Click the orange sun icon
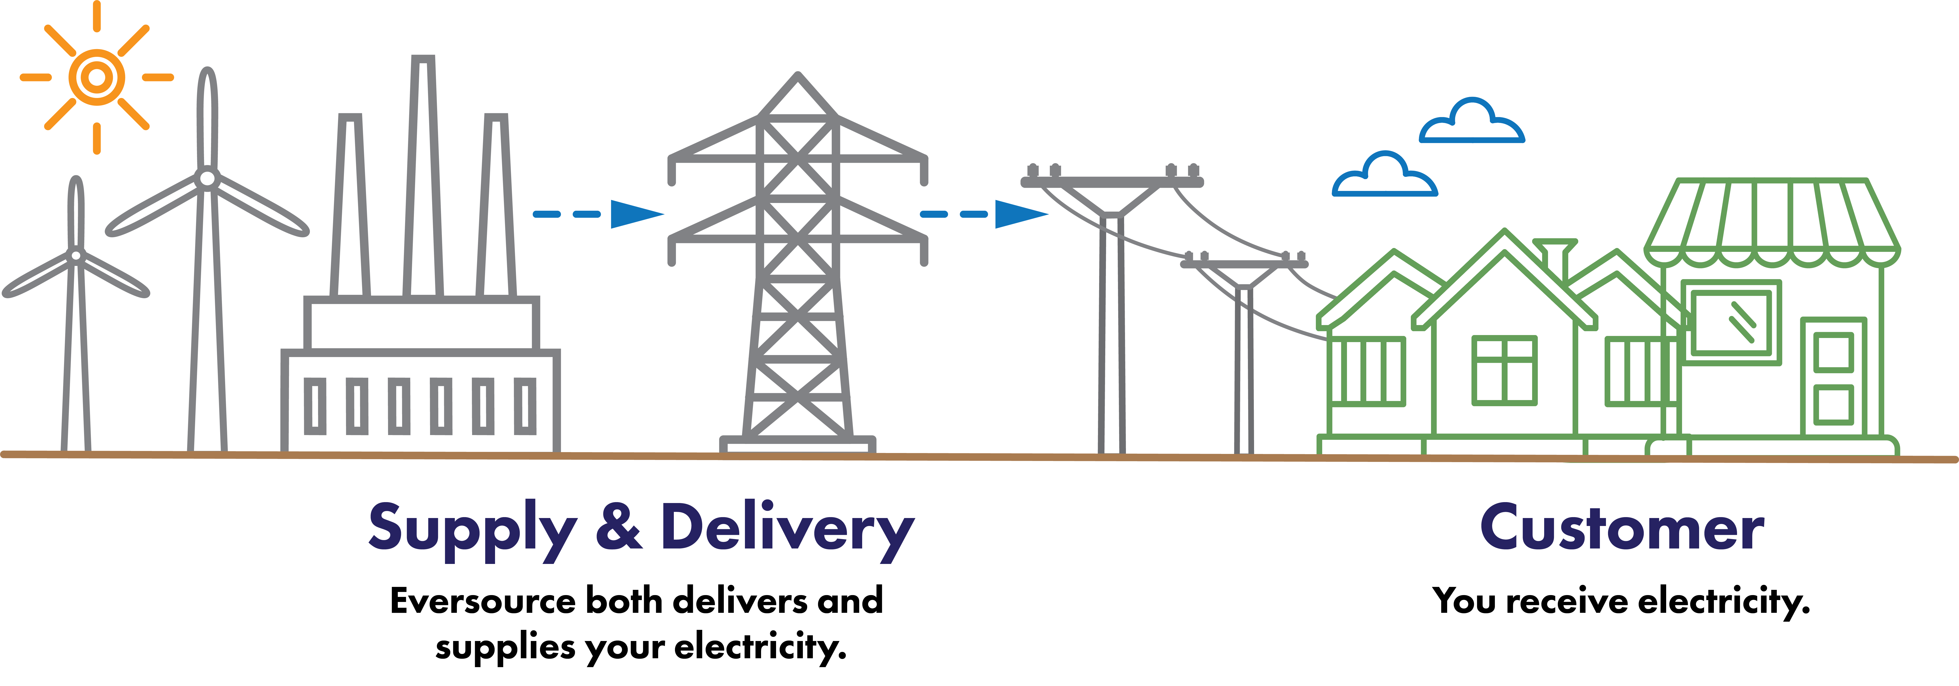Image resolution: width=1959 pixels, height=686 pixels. tap(97, 77)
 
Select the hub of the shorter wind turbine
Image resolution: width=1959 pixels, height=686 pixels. tap(76, 255)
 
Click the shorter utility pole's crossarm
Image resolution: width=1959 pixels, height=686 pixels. tap(1244, 264)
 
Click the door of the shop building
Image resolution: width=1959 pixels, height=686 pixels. tap(1833, 378)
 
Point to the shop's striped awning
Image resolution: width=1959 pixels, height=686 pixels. tap(1772, 220)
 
